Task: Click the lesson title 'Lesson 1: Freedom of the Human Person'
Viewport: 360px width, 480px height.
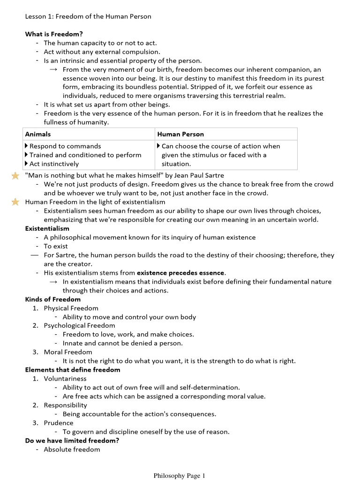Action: (88, 16)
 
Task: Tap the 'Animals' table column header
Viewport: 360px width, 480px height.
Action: (38, 134)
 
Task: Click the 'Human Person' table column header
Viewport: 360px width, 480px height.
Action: (180, 134)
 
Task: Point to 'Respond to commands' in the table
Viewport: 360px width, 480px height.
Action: (65, 146)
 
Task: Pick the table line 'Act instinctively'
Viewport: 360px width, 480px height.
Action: (54, 164)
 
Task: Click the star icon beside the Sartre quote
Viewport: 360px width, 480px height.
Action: (15, 175)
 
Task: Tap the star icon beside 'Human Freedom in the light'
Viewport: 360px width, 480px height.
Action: (15, 202)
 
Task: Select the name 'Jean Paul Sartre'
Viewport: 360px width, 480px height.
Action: (199, 175)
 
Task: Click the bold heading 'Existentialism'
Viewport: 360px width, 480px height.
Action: (47, 228)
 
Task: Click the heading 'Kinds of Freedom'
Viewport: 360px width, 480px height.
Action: (52, 299)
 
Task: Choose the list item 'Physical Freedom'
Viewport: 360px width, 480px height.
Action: (71, 308)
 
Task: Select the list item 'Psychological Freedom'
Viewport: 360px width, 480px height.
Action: (79, 325)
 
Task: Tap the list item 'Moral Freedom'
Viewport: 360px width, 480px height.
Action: (68, 352)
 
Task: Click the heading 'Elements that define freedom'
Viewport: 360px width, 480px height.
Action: (72, 369)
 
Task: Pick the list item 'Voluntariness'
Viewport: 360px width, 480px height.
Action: (65, 378)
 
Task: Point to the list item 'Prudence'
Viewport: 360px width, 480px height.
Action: (59, 423)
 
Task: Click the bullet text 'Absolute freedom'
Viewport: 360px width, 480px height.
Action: (72, 450)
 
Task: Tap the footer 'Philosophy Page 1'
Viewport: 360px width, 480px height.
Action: (180, 476)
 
